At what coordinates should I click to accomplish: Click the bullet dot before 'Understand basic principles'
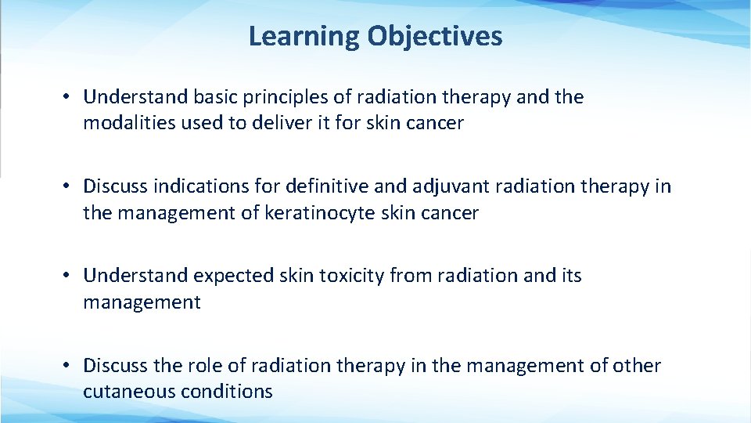(x=69, y=97)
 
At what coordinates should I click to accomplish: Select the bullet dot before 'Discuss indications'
(x=69, y=186)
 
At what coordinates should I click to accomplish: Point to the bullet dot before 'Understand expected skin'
(x=69, y=276)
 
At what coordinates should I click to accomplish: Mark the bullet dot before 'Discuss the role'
(x=69, y=365)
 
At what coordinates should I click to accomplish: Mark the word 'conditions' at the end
(x=235, y=391)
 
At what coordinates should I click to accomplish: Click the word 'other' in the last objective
(x=637, y=365)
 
